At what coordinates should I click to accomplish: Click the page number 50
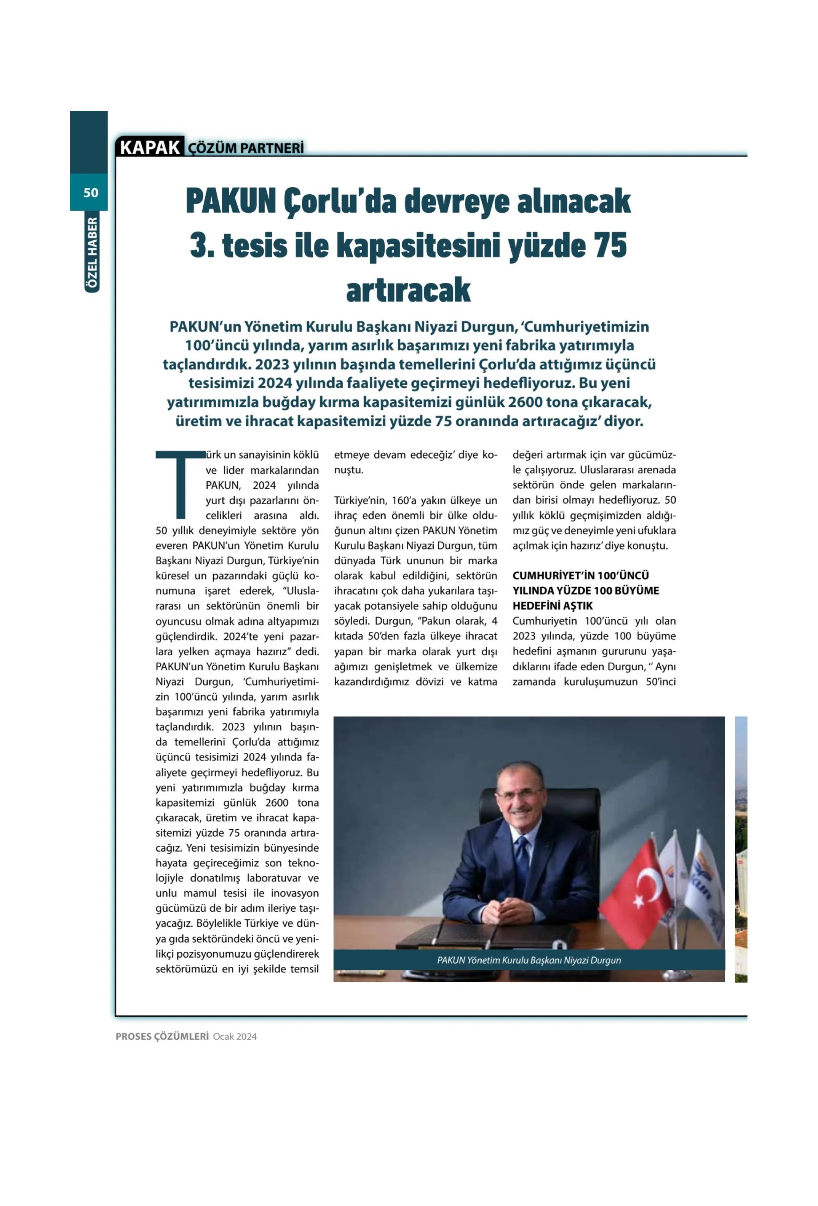[90, 193]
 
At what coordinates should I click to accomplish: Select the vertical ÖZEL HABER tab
[91, 254]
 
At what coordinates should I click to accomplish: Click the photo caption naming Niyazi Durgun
[529, 961]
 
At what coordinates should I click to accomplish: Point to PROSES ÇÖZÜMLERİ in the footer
[162, 1037]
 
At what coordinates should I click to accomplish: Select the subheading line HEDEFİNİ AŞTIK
[552, 606]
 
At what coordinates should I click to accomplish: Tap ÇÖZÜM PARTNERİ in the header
[245, 148]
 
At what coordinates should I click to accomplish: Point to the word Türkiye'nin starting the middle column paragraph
[357, 501]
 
